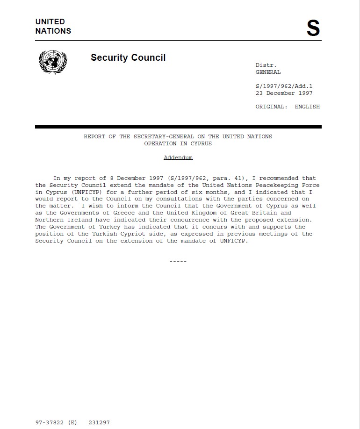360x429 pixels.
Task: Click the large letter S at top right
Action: click(x=313, y=29)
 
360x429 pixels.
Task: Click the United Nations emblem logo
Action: click(x=52, y=61)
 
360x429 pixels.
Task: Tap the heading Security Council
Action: click(x=128, y=57)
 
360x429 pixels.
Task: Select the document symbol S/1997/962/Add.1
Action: click(x=283, y=86)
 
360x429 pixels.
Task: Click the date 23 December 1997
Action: click(x=284, y=93)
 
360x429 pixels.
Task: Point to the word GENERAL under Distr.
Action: click(x=268, y=72)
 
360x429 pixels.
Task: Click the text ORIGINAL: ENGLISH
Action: click(x=287, y=107)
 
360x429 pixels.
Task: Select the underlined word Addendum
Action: click(x=178, y=157)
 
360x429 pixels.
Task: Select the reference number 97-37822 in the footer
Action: click(x=49, y=422)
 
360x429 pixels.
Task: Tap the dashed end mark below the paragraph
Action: click(x=178, y=261)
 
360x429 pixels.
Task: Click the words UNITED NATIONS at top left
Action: click(x=53, y=26)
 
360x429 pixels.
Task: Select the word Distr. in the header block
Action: click(x=266, y=65)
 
